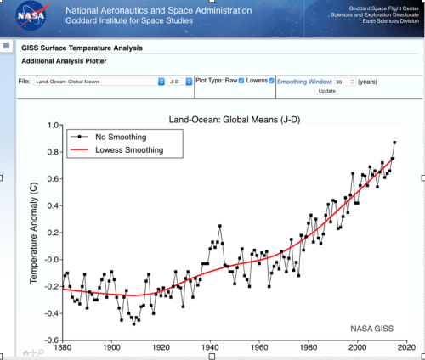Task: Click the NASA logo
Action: [31, 18]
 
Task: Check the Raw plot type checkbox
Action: [241, 80]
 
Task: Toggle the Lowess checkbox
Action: [272, 80]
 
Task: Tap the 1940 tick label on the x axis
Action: [210, 347]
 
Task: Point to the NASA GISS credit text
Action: [372, 328]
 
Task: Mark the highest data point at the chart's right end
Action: [394, 143]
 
